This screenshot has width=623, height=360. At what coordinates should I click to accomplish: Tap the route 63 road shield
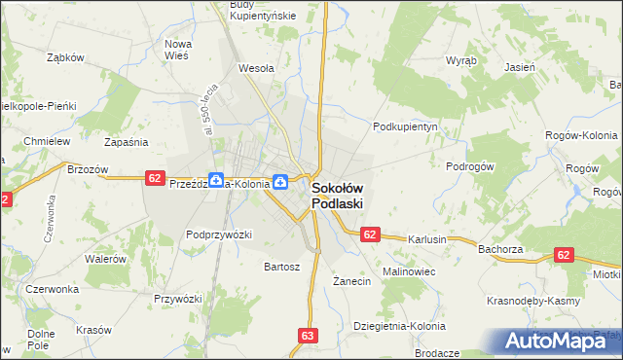(x=309, y=336)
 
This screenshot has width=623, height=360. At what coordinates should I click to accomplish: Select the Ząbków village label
(x=66, y=56)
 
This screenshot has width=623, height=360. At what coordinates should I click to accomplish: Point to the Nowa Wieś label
(x=177, y=50)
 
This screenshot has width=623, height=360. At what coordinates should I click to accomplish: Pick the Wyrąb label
(x=460, y=59)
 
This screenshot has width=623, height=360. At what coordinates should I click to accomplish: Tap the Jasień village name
(x=519, y=68)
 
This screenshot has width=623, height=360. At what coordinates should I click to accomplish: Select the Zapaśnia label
(x=126, y=141)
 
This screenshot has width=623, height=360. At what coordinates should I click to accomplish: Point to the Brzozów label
(x=87, y=168)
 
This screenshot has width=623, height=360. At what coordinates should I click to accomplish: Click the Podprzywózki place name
(x=219, y=234)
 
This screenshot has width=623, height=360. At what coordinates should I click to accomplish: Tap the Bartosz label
(x=282, y=266)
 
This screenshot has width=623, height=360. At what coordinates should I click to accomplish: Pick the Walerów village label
(x=106, y=259)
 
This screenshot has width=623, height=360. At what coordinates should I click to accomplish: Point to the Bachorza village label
(x=501, y=249)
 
